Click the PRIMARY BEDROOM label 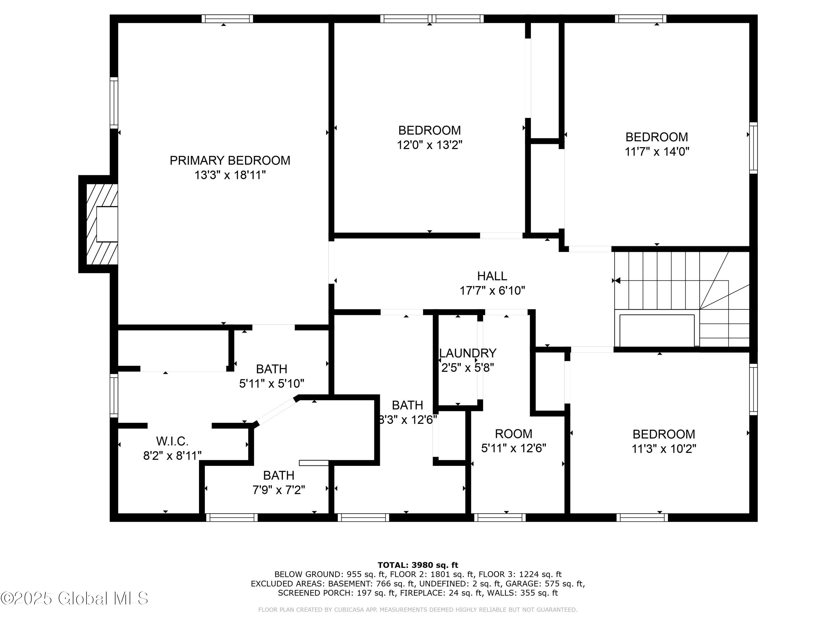pyautogui.click(x=230, y=161)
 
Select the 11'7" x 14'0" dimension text pyautogui.click(x=657, y=152)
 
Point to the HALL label pyautogui.click(x=492, y=276)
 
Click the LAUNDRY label pyautogui.click(x=468, y=353)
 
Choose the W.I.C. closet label pyautogui.click(x=172, y=441)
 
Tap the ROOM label pyautogui.click(x=514, y=434)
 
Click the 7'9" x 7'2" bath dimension pyautogui.click(x=279, y=490)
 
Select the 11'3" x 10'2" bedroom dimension pyautogui.click(x=664, y=449)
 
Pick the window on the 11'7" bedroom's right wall pyautogui.click(x=753, y=148)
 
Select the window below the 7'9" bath pyautogui.click(x=232, y=517)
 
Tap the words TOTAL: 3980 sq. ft pyautogui.click(x=418, y=565)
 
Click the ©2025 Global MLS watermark pyautogui.click(x=74, y=598)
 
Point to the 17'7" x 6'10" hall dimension pyautogui.click(x=492, y=291)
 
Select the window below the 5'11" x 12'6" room pyautogui.click(x=500, y=517)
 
